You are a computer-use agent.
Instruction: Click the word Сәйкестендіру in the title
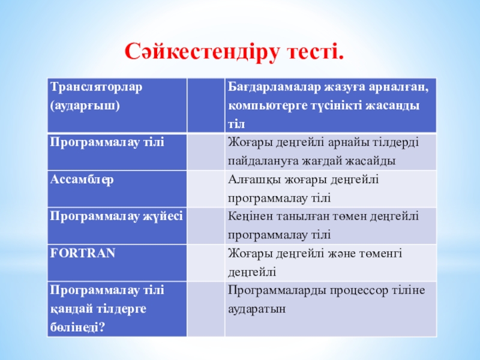click(x=202, y=52)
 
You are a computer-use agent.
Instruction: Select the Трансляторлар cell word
click(x=96, y=87)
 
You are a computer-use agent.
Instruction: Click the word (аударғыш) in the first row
click(x=85, y=106)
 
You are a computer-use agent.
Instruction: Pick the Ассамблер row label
click(x=82, y=179)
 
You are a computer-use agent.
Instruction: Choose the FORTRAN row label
click(x=83, y=253)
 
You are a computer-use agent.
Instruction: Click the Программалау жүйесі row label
click(x=116, y=217)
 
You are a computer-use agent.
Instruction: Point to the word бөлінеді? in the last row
click(x=77, y=327)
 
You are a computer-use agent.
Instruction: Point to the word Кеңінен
click(x=250, y=217)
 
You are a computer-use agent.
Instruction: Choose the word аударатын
click(x=257, y=309)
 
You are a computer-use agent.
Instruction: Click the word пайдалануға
click(x=263, y=161)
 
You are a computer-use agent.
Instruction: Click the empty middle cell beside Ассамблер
click(x=206, y=189)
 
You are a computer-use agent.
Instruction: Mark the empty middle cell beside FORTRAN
click(x=206, y=263)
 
